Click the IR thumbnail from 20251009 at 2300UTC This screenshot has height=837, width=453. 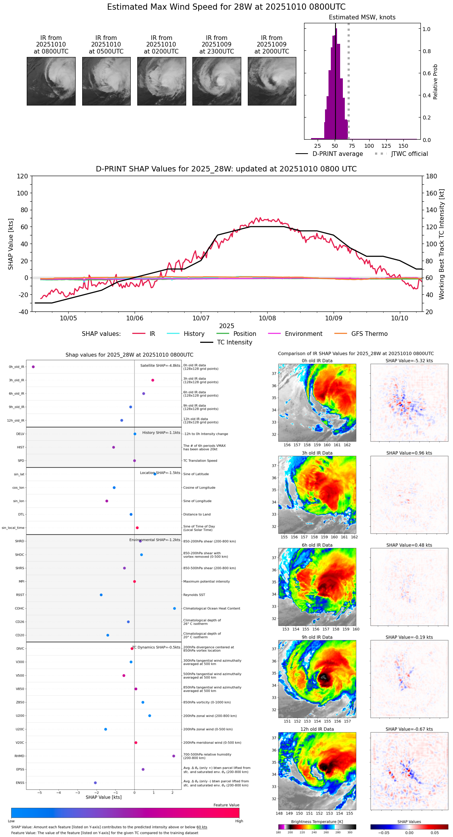point(216,81)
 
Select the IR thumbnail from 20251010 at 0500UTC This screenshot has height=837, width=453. point(106,81)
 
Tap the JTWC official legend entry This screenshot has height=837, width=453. point(409,154)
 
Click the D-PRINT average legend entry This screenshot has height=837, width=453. point(337,154)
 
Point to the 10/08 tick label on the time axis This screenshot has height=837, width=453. point(267,318)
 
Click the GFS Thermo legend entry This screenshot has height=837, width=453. point(369,334)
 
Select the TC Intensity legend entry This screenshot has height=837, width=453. point(234,342)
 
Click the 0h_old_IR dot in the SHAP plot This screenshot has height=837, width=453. point(33,367)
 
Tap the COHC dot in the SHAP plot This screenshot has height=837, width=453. point(175,609)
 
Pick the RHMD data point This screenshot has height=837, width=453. point(174,756)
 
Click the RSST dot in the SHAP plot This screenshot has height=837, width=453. point(101,595)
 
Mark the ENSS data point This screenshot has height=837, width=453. point(95,783)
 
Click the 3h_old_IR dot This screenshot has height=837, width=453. point(153,380)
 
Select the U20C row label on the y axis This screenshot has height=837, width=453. point(20,729)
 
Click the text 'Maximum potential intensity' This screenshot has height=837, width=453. point(206,582)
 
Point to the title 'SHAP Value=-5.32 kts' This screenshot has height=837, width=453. point(409,361)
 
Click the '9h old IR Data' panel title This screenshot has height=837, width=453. point(317,637)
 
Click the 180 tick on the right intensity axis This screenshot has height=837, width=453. point(432,176)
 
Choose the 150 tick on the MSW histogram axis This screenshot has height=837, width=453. point(403,146)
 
